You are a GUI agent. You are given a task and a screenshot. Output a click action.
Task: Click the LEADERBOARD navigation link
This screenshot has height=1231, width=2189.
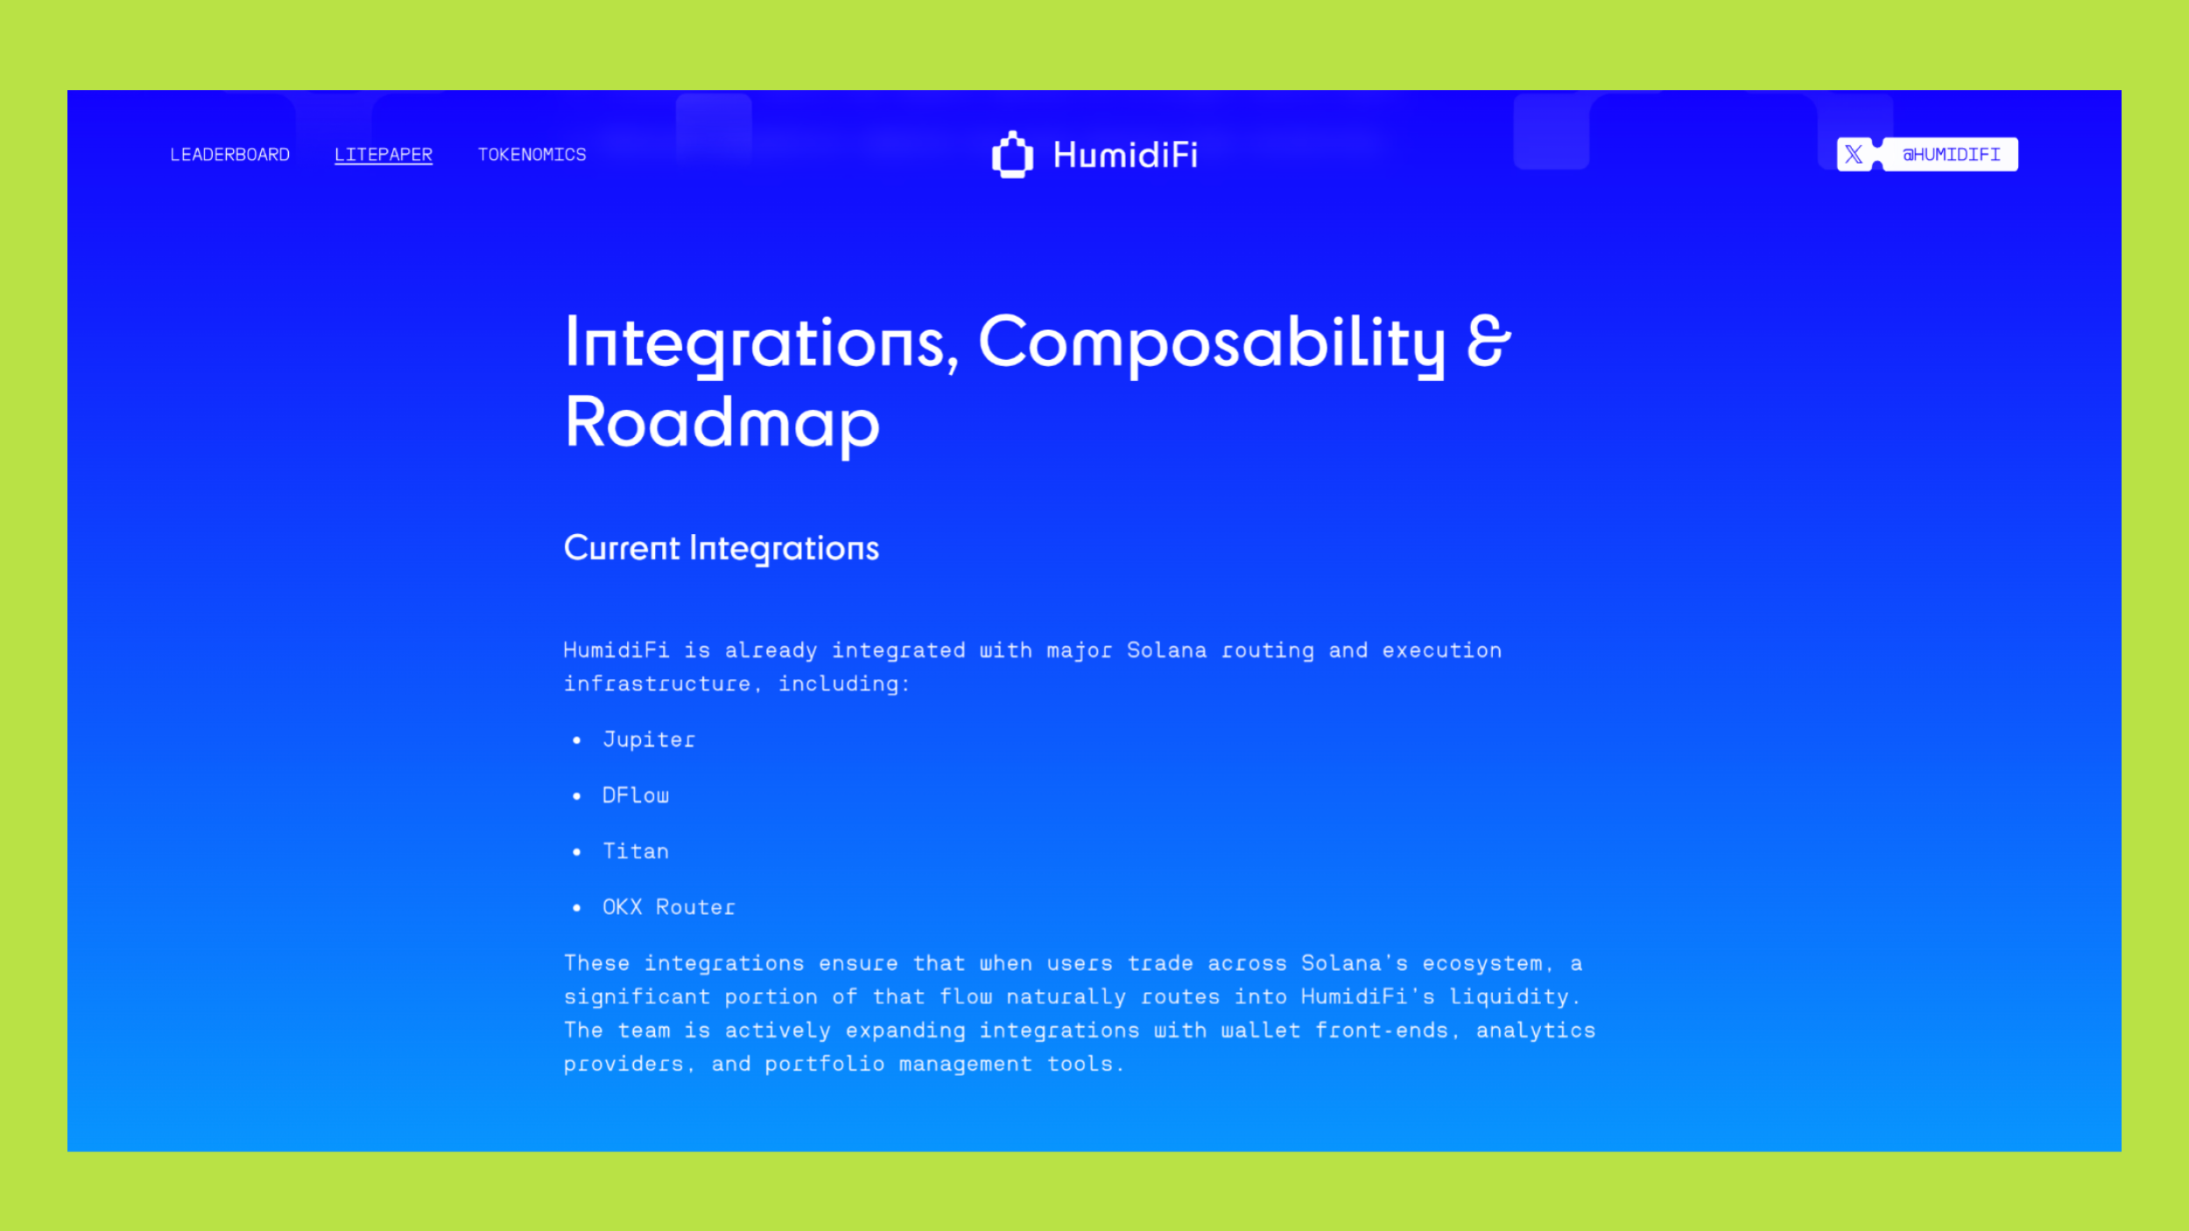(229, 155)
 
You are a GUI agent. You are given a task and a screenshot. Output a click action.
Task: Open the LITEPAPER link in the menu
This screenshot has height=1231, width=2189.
(384, 155)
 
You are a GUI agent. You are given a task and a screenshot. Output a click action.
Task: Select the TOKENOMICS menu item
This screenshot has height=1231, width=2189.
(531, 155)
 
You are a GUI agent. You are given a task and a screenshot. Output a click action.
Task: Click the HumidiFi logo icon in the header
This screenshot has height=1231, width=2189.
(1012, 155)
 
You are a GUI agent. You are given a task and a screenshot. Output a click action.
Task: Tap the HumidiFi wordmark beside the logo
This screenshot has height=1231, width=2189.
(1125, 155)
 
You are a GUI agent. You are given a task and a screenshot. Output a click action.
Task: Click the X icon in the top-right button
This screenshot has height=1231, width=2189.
(1854, 155)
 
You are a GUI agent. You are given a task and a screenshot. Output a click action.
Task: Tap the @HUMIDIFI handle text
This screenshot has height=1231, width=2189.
(1952, 155)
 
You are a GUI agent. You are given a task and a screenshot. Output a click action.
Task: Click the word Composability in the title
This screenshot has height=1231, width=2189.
(1212, 344)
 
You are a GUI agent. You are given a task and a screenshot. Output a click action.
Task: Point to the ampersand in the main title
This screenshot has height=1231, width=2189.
(1489, 341)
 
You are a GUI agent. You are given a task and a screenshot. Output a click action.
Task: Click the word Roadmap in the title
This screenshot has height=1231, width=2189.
(722, 424)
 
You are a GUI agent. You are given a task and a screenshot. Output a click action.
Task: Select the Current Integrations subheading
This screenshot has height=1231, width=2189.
(721, 549)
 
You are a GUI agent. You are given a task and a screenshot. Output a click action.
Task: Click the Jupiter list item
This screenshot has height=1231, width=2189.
(649, 740)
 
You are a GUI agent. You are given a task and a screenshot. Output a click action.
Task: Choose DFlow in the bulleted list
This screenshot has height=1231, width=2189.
(636, 796)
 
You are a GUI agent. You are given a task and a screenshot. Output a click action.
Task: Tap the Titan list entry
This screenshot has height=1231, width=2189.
(636, 852)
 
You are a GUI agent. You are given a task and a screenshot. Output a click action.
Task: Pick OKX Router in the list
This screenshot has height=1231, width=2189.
(669, 908)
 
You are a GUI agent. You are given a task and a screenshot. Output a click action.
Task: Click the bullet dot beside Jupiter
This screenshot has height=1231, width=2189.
(576, 741)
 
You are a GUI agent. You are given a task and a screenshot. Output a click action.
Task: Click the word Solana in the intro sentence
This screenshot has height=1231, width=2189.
(1166, 651)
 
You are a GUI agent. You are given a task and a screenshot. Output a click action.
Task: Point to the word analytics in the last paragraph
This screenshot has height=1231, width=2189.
(1536, 1031)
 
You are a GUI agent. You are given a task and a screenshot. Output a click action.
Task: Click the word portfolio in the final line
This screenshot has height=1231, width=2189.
(825, 1065)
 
